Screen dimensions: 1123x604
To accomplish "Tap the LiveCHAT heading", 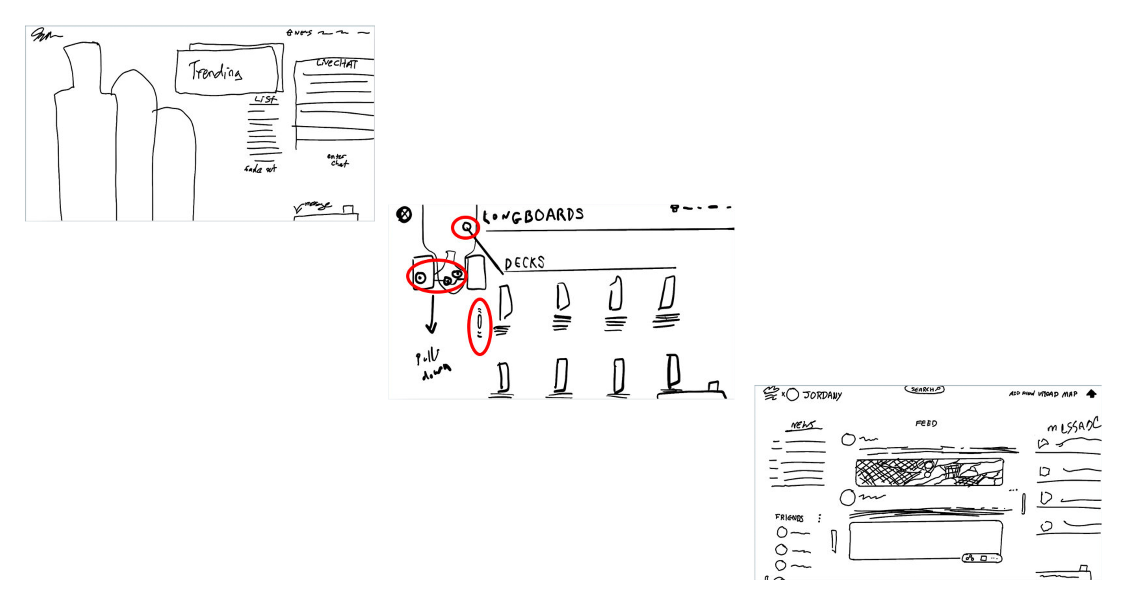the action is [x=337, y=63].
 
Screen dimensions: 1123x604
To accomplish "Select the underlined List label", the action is [x=265, y=99].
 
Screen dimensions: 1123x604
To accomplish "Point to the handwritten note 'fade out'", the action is [x=261, y=169].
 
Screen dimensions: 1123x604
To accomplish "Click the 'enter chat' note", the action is [x=338, y=160].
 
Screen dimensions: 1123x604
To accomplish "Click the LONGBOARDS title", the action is [x=533, y=216].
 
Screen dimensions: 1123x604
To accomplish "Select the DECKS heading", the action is [x=524, y=263].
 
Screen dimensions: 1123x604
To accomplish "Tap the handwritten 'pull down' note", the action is [x=433, y=364].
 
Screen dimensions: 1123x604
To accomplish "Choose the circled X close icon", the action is [x=404, y=214].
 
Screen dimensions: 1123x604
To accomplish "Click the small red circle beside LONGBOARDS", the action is [x=466, y=227].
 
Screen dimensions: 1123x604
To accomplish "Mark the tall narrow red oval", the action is [x=479, y=327].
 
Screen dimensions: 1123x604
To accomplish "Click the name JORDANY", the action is [x=822, y=395].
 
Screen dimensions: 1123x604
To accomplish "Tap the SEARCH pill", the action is [x=924, y=389].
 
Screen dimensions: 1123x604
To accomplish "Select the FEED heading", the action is [x=926, y=423].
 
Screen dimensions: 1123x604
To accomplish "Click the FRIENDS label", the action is [x=789, y=518].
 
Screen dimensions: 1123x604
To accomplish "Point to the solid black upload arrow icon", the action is [x=1092, y=394].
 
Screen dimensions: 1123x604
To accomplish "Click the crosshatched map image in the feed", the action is [x=929, y=472].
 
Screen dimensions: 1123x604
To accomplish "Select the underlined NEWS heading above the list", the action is [x=803, y=425].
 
